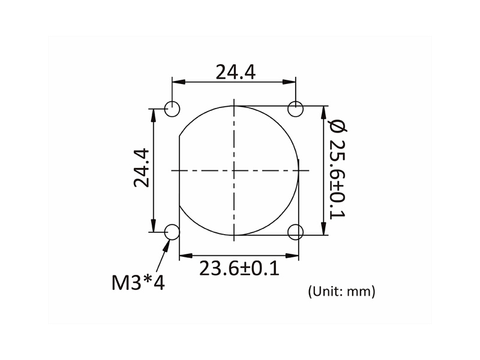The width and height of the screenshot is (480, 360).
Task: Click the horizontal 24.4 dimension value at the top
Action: (236, 72)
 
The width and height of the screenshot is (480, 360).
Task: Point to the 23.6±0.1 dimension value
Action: (239, 268)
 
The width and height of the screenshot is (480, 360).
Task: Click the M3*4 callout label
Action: (137, 281)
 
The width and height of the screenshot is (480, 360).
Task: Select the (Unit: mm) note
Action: (341, 292)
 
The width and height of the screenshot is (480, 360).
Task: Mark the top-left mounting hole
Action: (173, 109)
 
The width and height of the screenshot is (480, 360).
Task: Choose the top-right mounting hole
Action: (296, 109)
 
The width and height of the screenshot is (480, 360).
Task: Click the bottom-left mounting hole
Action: (173, 232)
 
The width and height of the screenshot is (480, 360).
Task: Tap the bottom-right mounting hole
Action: (296, 232)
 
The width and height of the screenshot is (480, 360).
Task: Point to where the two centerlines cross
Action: (234, 170)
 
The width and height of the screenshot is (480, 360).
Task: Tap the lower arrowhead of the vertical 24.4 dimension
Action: (155, 227)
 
